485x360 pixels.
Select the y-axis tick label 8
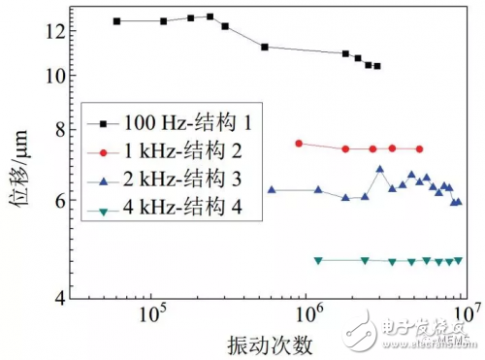pyautogui.click(x=56, y=130)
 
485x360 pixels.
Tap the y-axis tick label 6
pyautogui.click(x=56, y=201)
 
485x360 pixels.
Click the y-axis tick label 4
pyautogui.click(x=56, y=298)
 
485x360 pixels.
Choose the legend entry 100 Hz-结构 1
pyautogui.click(x=178, y=123)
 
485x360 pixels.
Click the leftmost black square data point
pyautogui.click(x=116, y=21)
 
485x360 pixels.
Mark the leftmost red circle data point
pyautogui.click(x=299, y=144)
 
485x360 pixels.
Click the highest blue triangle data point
pyautogui.click(x=379, y=169)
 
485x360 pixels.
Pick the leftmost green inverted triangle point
pyautogui.click(x=318, y=260)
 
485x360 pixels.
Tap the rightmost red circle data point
pyautogui.click(x=419, y=148)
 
